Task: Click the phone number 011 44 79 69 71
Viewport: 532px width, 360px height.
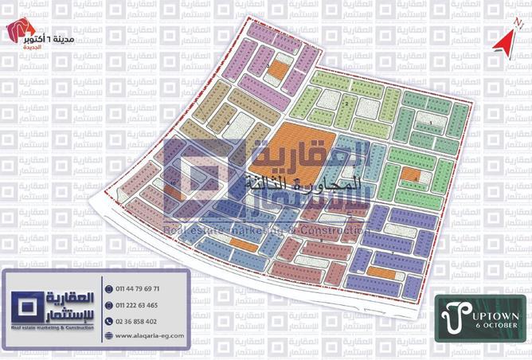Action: pyautogui.click(x=138, y=288)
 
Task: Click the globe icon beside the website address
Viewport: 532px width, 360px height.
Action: pyautogui.click(x=108, y=336)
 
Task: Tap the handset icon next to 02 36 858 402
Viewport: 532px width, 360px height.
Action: pyautogui.click(x=108, y=321)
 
